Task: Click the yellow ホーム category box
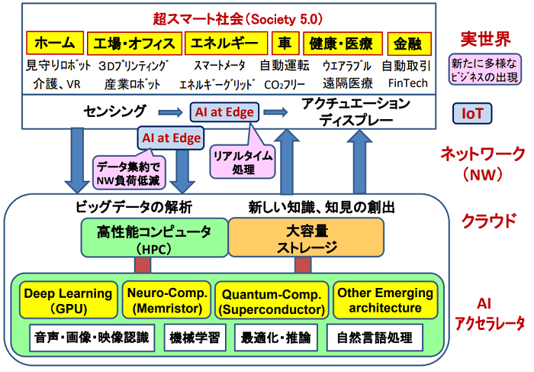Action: click(54, 43)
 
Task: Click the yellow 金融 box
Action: click(409, 43)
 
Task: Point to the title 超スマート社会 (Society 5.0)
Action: click(225, 17)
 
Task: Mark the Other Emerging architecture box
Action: click(384, 300)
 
